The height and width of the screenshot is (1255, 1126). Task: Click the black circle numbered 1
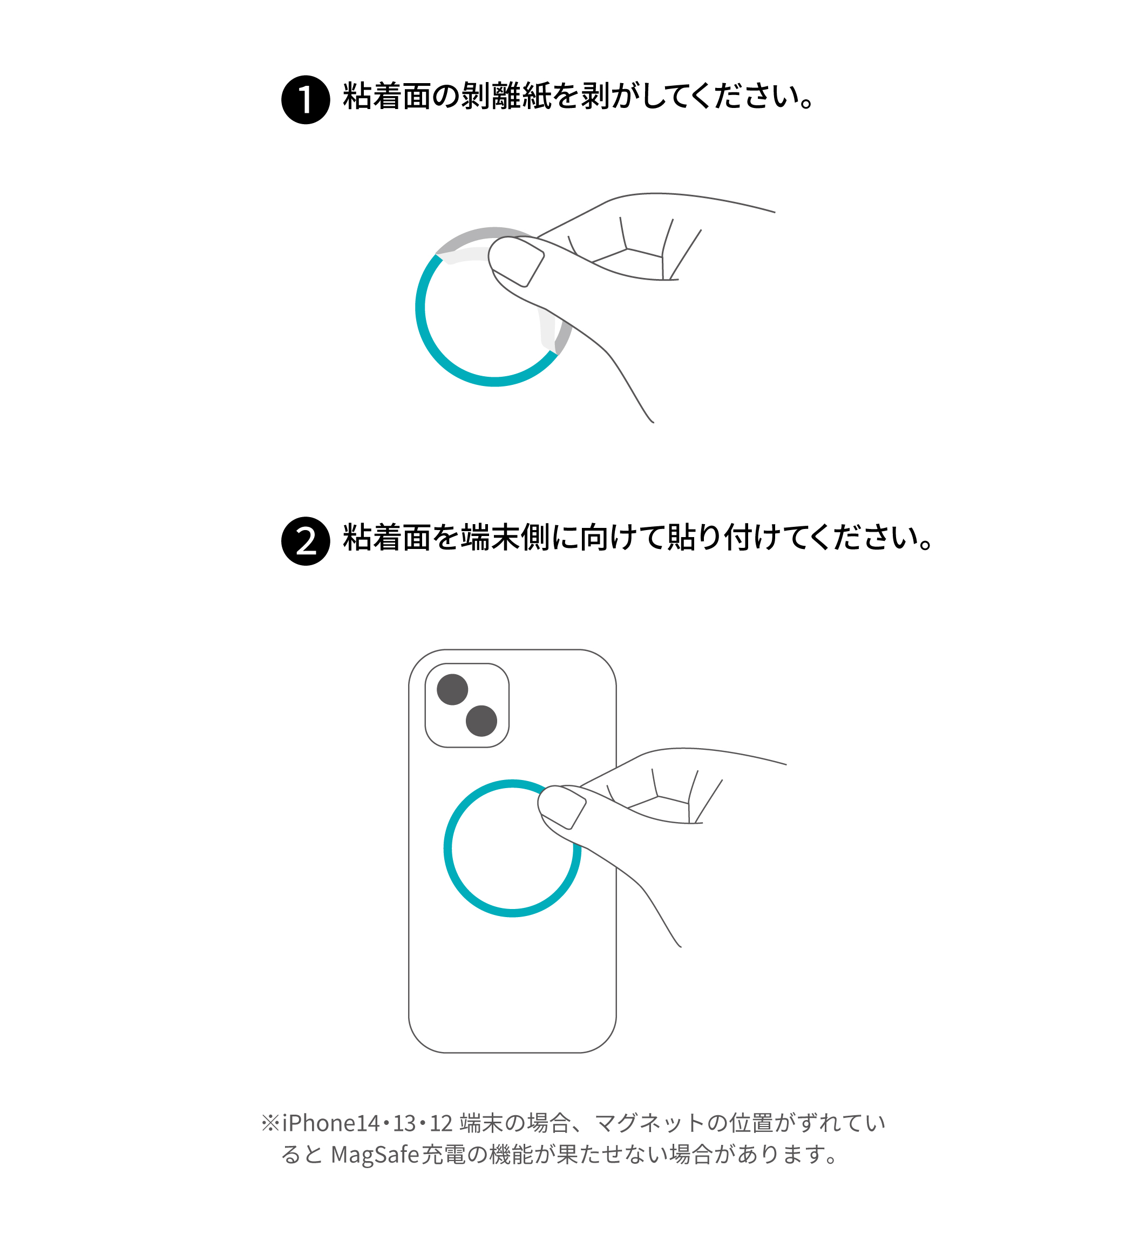306,99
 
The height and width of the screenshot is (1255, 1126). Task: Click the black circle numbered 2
306,541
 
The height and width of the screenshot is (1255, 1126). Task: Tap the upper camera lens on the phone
452,690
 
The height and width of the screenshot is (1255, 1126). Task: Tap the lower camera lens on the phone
481,721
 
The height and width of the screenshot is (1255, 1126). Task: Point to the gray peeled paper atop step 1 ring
483,233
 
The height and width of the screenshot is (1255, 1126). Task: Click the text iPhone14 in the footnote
330,1123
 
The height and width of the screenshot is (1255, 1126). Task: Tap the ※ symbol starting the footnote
270,1123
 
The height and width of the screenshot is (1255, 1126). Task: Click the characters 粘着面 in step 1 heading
387,97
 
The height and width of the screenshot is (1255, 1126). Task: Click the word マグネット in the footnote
649,1123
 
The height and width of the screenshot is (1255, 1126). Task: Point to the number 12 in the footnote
441,1123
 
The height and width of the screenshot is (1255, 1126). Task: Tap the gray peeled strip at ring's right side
564,337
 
